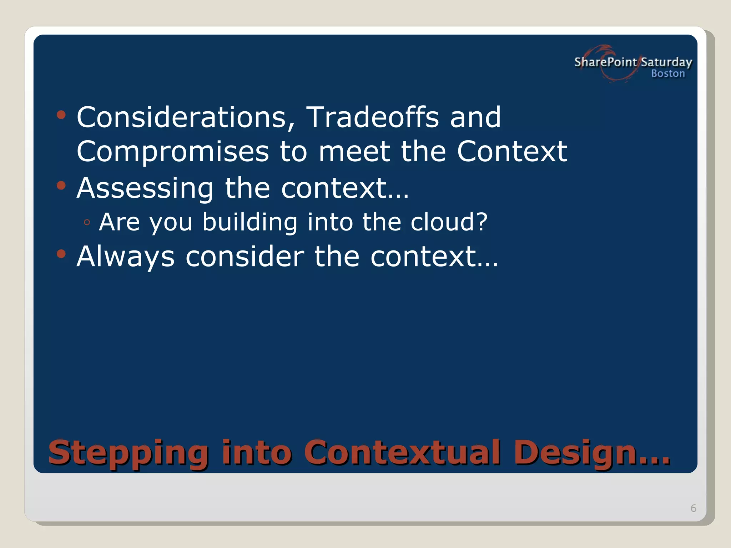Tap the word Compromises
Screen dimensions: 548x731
pyautogui.click(x=173, y=152)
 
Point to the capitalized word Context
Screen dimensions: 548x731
pyautogui.click(x=512, y=151)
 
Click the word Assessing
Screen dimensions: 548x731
pyautogui.click(x=145, y=188)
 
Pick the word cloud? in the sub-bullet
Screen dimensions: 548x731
pyautogui.click(x=449, y=222)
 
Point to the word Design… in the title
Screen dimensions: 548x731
pyautogui.click(x=592, y=453)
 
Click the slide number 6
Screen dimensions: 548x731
pyautogui.click(x=694, y=508)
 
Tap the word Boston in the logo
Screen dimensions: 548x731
pyautogui.click(x=668, y=73)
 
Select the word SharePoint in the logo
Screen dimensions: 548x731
pyautogui.click(x=605, y=62)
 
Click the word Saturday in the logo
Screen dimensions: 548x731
pyautogui.click(x=666, y=62)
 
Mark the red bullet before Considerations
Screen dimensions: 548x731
pyautogui.click(x=61, y=115)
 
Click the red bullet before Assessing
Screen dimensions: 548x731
pyautogui.click(x=61, y=186)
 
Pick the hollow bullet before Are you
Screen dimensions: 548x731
pyautogui.click(x=87, y=223)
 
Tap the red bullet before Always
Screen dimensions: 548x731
pyautogui.click(x=61, y=254)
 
